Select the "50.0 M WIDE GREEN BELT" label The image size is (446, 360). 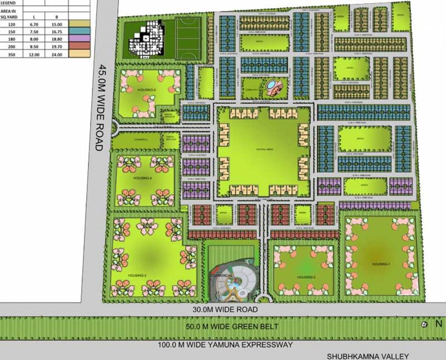[232, 326]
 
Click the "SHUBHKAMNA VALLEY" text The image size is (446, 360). [368, 356]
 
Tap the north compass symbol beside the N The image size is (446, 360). [424, 324]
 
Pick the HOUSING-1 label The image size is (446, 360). [380, 264]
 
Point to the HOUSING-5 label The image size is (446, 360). [146, 90]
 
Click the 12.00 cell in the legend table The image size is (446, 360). [34, 54]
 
